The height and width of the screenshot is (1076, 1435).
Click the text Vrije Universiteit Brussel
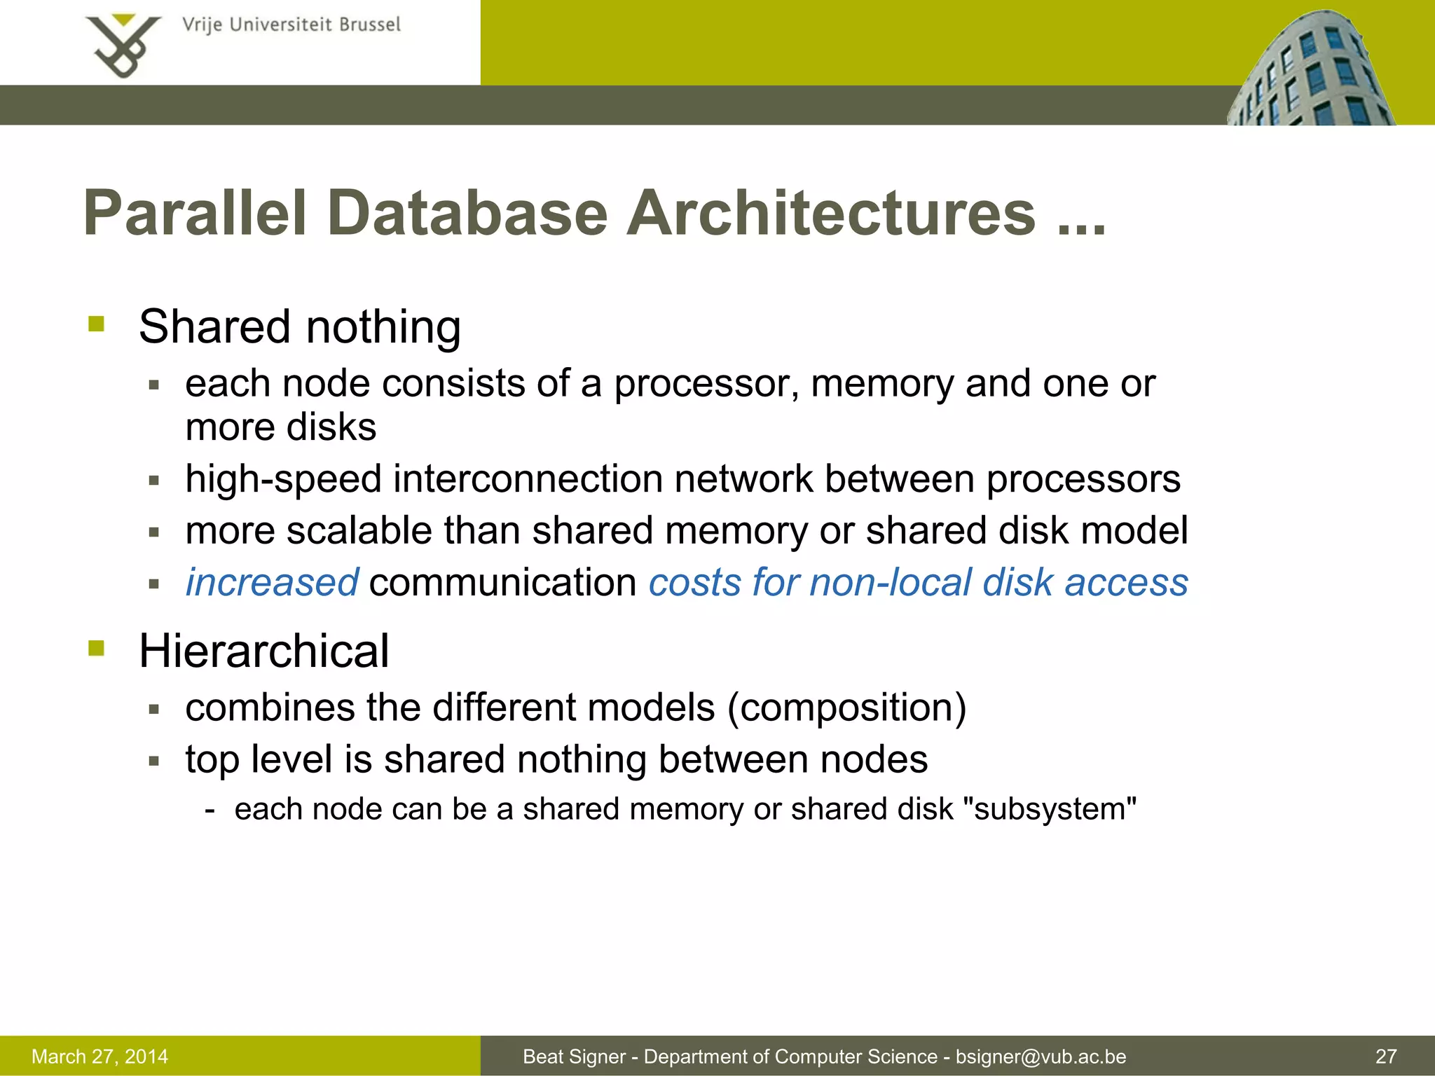(x=291, y=25)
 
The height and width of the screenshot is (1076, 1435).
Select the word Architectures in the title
(x=831, y=214)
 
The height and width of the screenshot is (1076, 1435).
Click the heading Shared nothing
(x=300, y=327)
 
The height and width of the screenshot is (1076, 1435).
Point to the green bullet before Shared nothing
(x=97, y=324)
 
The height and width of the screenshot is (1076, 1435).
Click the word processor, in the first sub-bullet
(x=707, y=384)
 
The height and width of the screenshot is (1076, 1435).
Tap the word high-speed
(x=283, y=480)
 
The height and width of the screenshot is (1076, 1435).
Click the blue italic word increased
(x=272, y=583)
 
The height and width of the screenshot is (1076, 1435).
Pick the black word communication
(x=502, y=583)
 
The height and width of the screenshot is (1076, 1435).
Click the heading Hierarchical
(x=263, y=651)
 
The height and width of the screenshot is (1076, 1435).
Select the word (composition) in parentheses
(x=846, y=708)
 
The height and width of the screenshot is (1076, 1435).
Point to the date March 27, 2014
(x=99, y=1056)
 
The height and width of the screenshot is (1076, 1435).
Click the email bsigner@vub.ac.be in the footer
(x=1041, y=1056)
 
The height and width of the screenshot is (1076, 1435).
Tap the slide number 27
(x=1386, y=1056)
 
